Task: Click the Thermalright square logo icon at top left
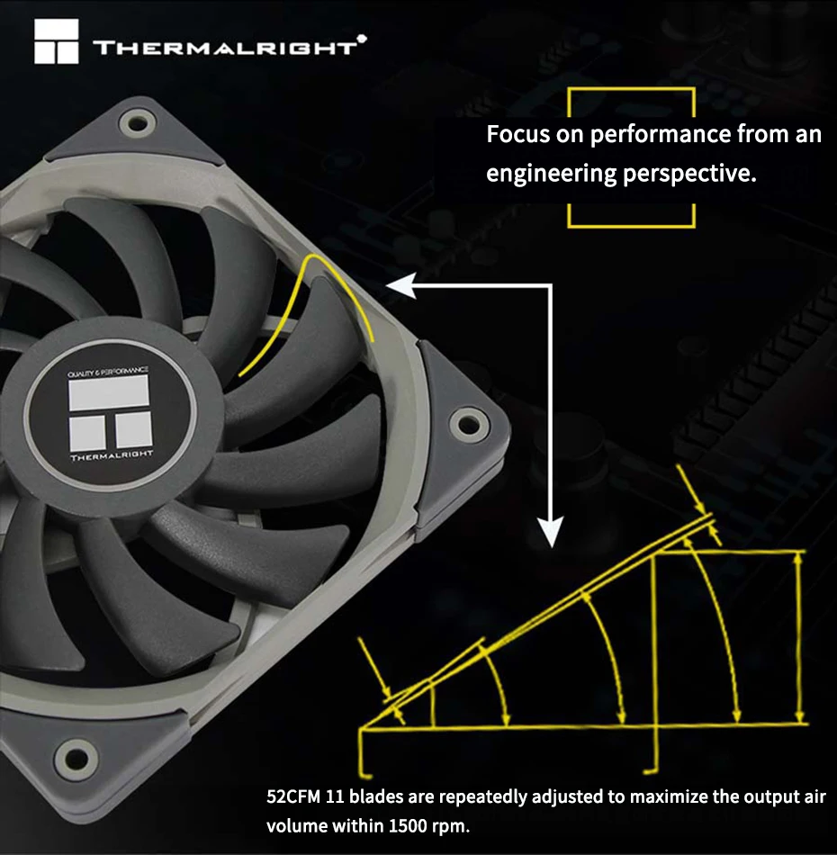coord(56,41)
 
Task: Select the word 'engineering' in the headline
coord(551,175)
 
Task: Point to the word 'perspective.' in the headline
coord(689,175)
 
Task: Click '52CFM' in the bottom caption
coord(292,797)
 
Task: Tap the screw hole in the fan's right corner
coord(468,424)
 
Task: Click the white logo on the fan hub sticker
coord(110,413)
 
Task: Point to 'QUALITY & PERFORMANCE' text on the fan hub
coord(108,373)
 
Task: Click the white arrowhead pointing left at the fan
coord(401,285)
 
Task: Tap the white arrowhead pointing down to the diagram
coord(551,532)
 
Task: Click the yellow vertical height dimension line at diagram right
coord(799,637)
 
